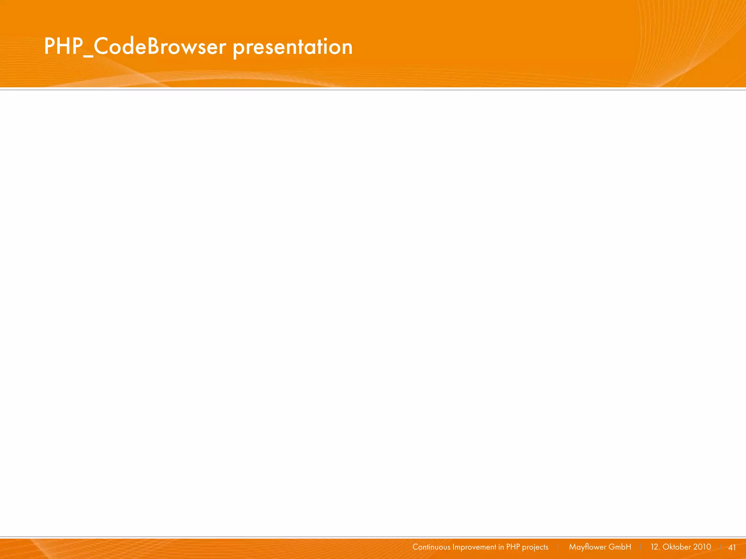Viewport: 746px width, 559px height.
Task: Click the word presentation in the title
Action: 292,47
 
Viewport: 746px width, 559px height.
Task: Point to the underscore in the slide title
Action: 88,56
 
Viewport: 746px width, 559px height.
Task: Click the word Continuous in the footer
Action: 431,547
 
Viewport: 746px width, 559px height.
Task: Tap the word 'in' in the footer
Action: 501,547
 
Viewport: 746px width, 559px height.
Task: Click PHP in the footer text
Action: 513,547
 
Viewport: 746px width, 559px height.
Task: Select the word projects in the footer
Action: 535,547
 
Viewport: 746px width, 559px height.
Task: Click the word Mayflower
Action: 587,547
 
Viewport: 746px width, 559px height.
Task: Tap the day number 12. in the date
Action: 655,547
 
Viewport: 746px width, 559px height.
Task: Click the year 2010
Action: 702,547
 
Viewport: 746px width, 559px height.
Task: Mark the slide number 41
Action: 732,547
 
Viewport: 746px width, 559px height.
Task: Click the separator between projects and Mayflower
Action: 558,547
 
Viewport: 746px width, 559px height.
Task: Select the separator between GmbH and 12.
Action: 641,547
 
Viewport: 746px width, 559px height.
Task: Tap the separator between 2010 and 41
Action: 721,547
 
